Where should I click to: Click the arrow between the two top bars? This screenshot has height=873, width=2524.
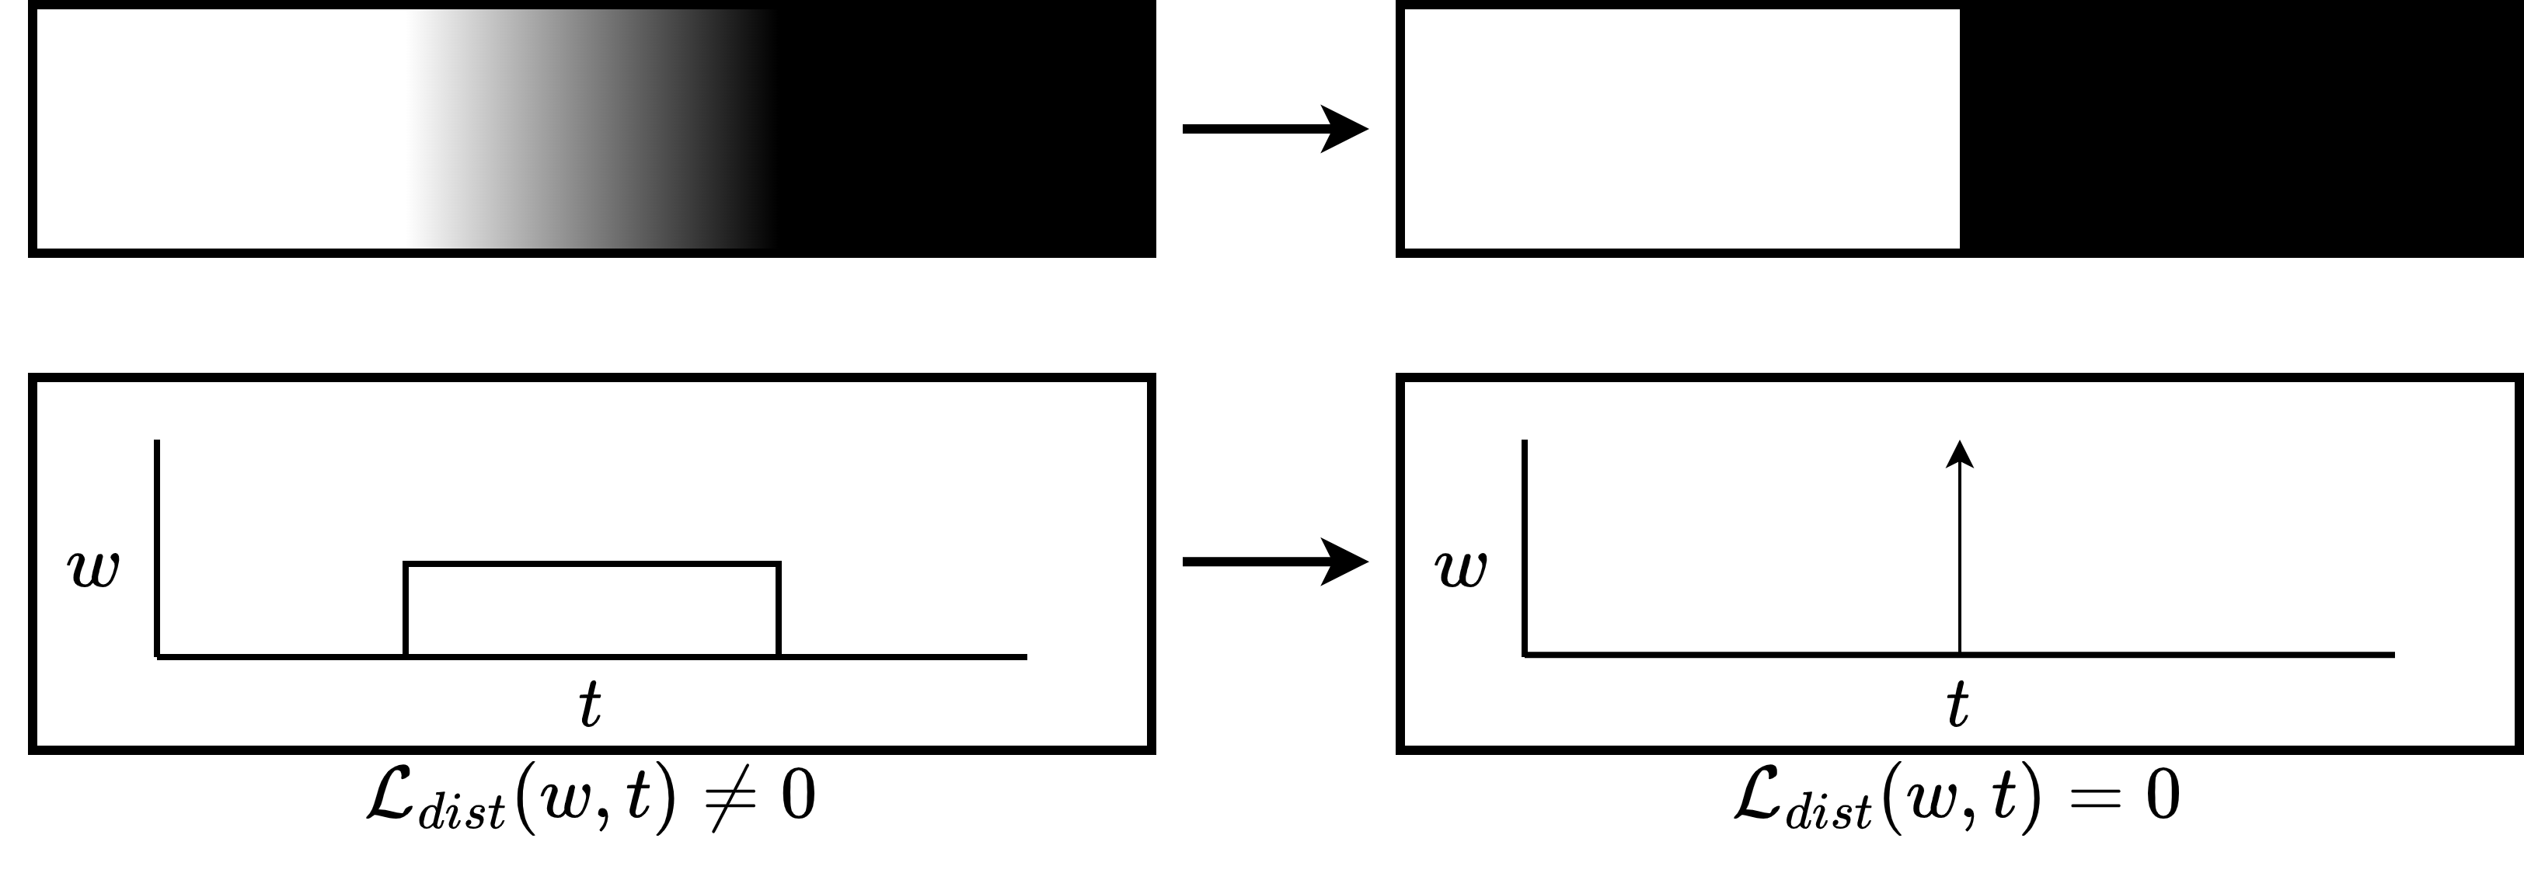(x=1274, y=128)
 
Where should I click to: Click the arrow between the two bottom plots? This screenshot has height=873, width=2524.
(x=1274, y=562)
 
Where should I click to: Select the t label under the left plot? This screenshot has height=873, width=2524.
(x=589, y=704)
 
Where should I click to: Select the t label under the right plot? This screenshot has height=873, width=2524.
(x=1957, y=704)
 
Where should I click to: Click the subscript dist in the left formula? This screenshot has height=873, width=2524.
(x=462, y=812)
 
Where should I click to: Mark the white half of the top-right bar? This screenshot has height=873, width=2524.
(x=1680, y=128)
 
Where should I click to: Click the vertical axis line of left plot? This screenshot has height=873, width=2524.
(x=157, y=548)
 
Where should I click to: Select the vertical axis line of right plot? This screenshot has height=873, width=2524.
(x=1525, y=548)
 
